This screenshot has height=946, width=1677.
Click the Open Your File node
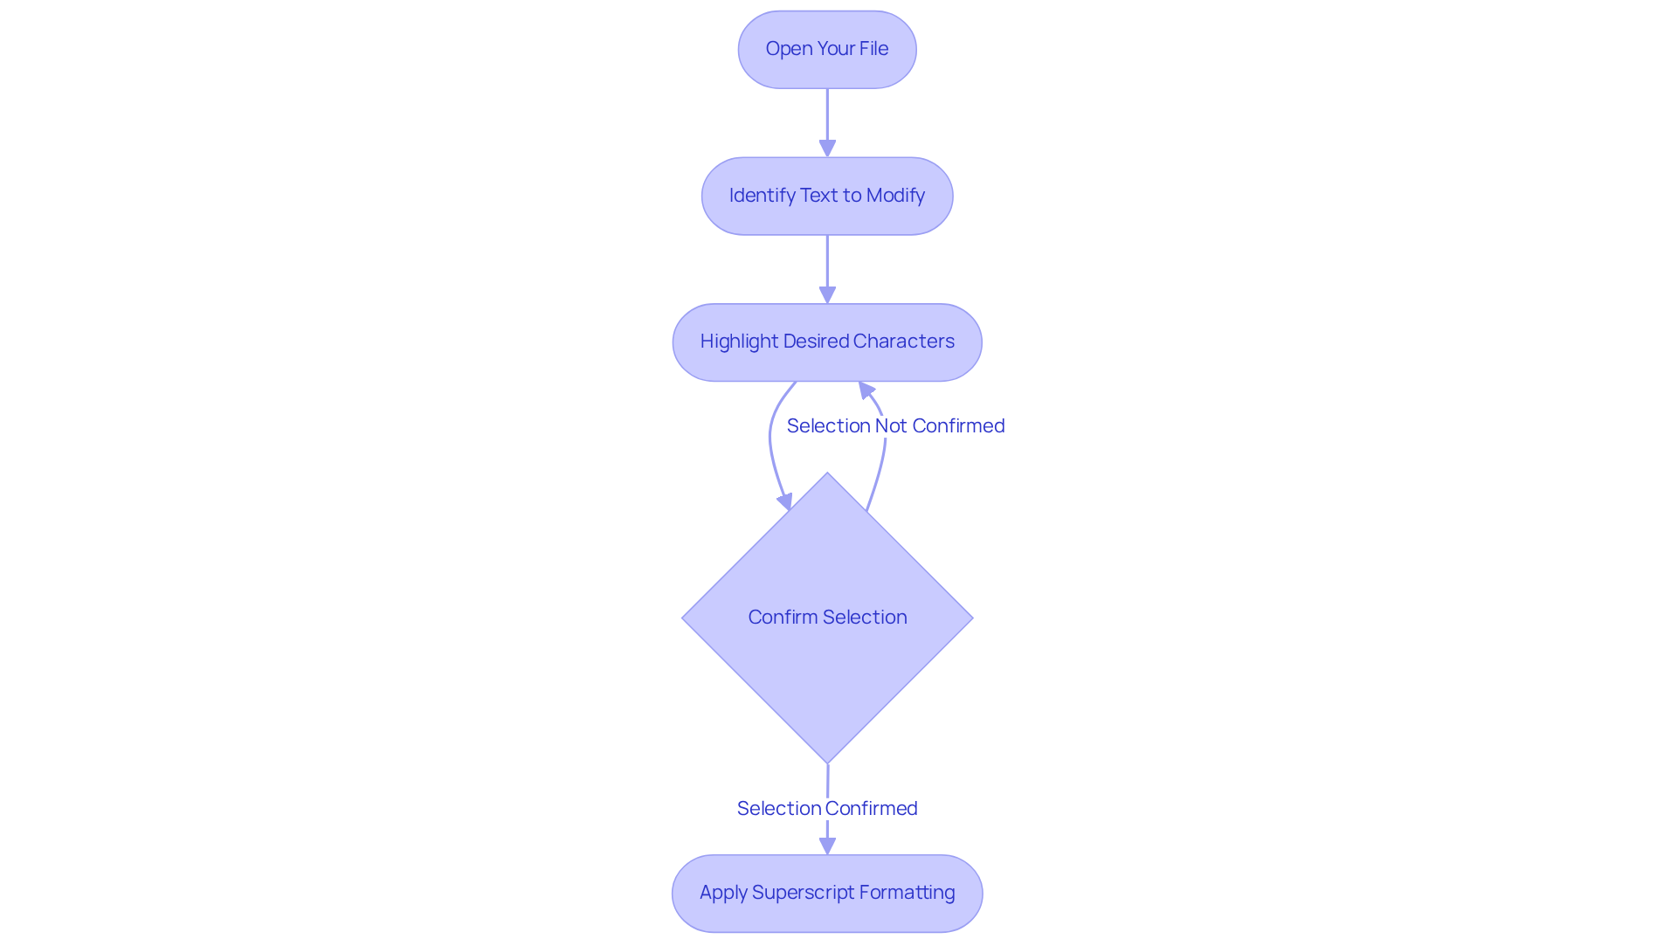[x=826, y=50]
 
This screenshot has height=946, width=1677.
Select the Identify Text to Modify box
[x=826, y=196]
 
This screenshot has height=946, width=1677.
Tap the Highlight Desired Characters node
[x=826, y=342]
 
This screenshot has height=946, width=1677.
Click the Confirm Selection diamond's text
[x=826, y=617]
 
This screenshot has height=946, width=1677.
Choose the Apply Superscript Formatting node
[x=826, y=893]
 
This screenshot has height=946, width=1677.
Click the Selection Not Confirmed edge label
[x=895, y=425]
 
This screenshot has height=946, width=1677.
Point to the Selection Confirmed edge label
[x=826, y=808]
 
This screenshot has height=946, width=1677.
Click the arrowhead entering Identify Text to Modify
[x=827, y=148]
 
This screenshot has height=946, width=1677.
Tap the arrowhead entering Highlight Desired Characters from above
[x=827, y=294]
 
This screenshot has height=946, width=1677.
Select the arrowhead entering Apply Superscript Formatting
[x=827, y=845]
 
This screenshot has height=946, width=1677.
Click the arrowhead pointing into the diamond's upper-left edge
[x=785, y=501]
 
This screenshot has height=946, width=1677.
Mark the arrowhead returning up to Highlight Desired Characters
[x=866, y=390]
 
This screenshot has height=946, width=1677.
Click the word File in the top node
[x=873, y=49]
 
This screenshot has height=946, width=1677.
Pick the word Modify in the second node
[x=895, y=195]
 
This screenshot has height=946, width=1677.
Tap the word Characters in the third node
[x=903, y=341]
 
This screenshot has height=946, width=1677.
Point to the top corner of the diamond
[x=827, y=475]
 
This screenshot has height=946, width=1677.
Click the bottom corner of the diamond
[x=827, y=761]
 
